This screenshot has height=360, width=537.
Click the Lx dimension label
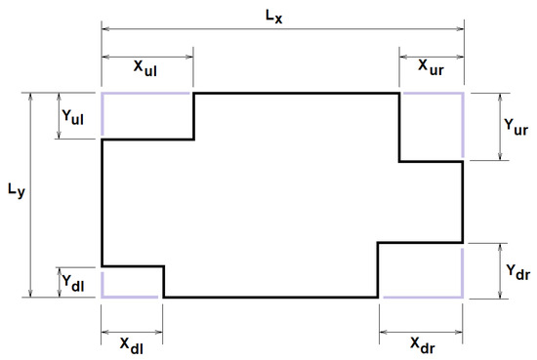[x=281, y=14]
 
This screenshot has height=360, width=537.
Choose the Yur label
[x=517, y=127]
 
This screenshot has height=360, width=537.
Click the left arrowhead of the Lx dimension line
[x=106, y=29]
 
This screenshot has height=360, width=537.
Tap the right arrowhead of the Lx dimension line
[x=459, y=29]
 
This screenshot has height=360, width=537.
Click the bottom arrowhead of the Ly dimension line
[x=34, y=292]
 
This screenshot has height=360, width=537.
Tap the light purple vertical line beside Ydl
[x=103, y=282]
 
